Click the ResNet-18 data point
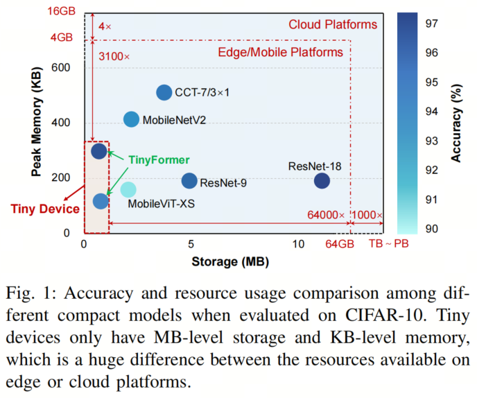322,180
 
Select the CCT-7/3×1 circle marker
164,92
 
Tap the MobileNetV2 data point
131,119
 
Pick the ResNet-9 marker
189,180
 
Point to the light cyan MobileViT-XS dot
128,189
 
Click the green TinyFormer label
159,159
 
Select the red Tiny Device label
39,207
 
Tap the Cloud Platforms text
333,25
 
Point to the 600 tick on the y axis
61,67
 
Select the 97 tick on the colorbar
431,23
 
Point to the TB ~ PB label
387,245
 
